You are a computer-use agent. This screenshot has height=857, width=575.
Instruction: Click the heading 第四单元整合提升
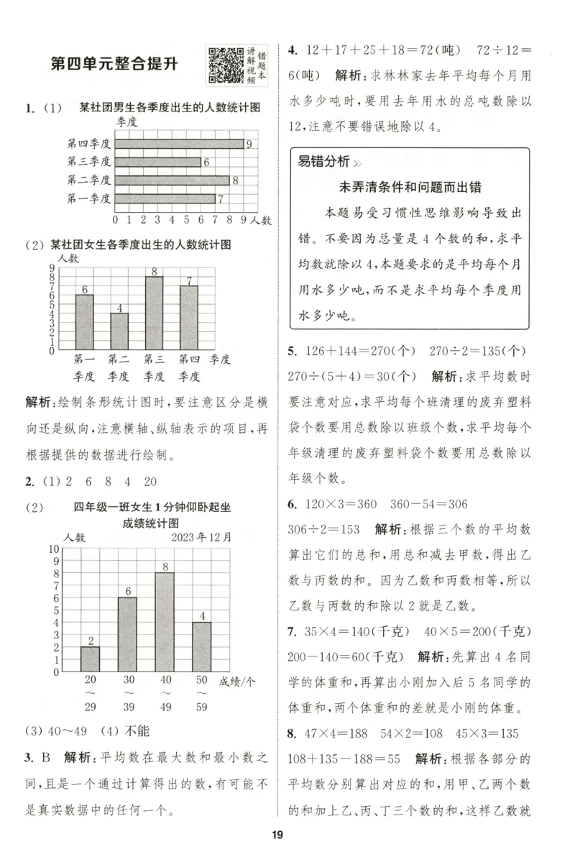click(114, 63)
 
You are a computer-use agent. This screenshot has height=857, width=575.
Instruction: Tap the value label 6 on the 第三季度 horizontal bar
click(206, 162)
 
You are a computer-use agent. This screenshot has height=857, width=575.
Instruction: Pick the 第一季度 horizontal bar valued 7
click(165, 198)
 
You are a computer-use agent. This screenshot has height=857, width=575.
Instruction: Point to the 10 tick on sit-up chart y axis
click(53, 549)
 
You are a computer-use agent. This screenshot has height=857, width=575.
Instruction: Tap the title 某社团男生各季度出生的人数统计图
click(170, 108)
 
